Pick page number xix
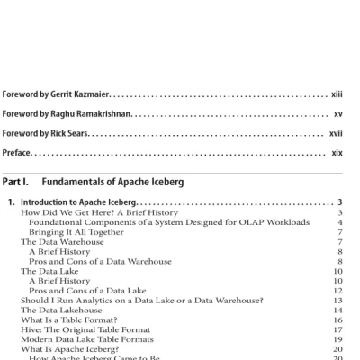click(x=337, y=153)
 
